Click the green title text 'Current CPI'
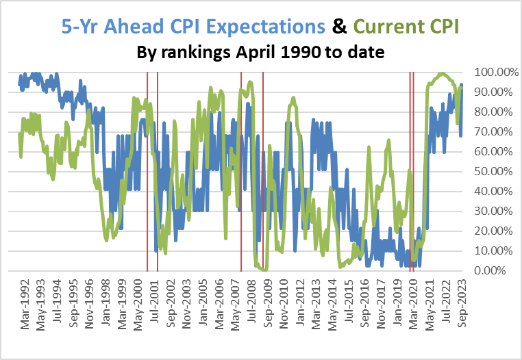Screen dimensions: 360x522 coord(404,27)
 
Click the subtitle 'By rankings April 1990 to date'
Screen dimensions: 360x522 coord(260,53)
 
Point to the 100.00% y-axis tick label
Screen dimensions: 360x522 coord(492,72)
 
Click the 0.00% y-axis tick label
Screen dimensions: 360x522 coord(495,271)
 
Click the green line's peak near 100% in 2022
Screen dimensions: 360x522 coord(443,73)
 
